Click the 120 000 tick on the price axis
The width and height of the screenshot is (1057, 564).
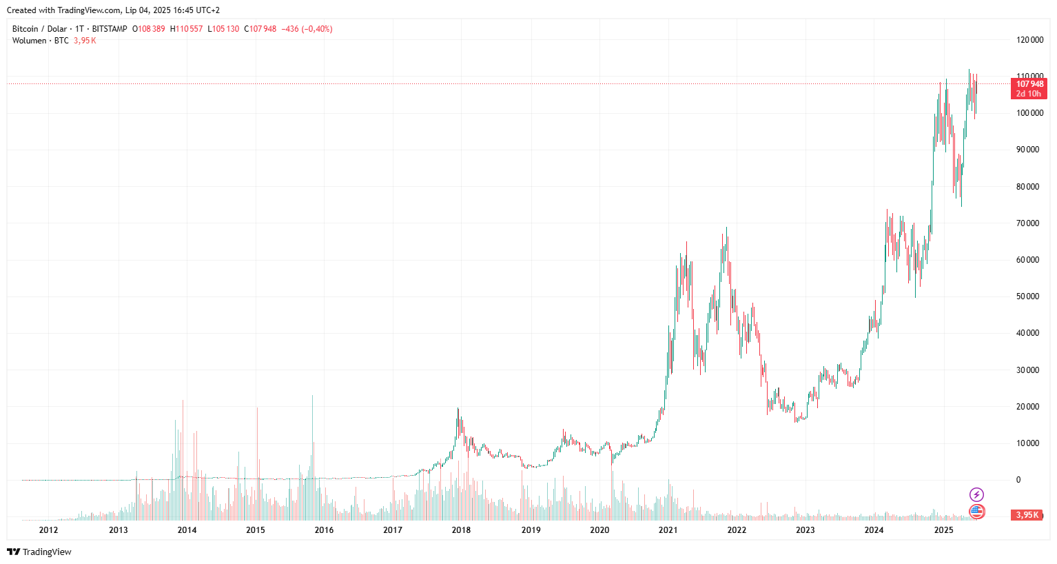coord(1029,40)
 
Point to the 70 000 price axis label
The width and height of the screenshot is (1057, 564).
coord(1027,223)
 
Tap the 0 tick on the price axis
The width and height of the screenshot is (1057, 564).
coord(1018,480)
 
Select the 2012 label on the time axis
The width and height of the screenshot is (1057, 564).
coord(48,530)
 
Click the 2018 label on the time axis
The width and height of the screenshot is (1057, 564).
coord(461,530)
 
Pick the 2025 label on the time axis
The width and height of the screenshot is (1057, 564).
coord(943,530)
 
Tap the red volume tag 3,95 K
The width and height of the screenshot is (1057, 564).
coord(1027,515)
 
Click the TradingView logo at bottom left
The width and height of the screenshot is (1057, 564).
coord(39,552)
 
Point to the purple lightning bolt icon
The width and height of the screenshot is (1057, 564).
coord(976,494)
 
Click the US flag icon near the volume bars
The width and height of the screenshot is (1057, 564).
coord(976,512)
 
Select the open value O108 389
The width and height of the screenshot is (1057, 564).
coord(149,29)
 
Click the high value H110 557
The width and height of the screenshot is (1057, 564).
coord(187,29)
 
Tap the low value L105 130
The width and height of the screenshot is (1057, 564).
coord(224,29)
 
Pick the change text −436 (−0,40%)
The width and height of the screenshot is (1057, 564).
coord(307,29)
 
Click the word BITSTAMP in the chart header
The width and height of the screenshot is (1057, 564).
coord(110,29)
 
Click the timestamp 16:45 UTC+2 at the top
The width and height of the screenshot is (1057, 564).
coord(196,10)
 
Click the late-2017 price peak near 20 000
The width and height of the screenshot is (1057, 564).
coord(458,410)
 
